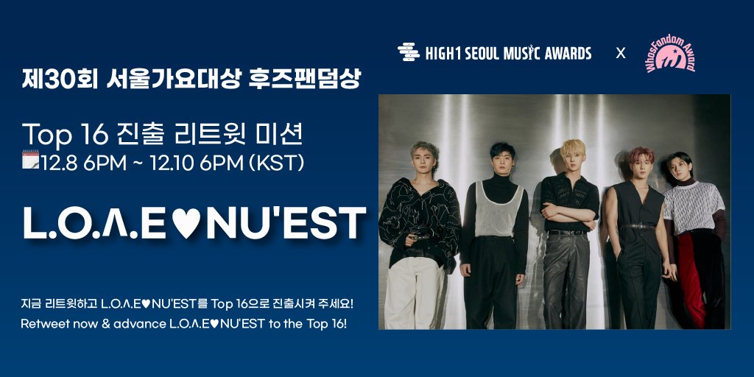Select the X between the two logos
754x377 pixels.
621,53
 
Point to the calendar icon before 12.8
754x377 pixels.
30,160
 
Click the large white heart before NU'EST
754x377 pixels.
187,223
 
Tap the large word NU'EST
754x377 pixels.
286,223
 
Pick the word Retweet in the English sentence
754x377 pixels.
46,324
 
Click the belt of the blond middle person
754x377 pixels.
567,233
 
